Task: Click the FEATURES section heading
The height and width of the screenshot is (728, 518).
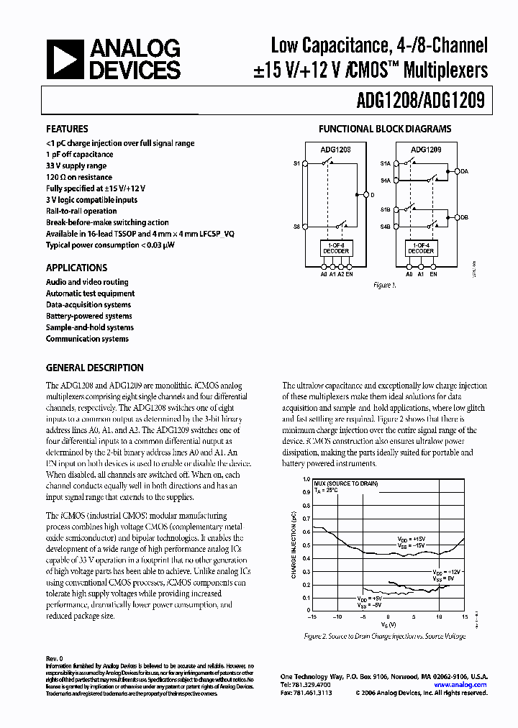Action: tap(67, 129)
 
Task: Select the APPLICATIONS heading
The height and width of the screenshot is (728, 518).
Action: tap(76, 267)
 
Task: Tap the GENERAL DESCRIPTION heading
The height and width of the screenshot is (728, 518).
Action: tap(94, 367)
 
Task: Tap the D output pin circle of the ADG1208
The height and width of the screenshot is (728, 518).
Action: tap(363, 195)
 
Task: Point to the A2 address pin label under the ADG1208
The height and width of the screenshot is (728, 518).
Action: tap(340, 275)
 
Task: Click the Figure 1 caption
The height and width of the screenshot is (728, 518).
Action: tap(384, 286)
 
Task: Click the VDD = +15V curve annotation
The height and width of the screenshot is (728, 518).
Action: tap(412, 539)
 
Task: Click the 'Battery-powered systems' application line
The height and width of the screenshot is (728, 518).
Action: tap(89, 316)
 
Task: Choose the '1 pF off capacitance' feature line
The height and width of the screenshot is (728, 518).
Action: tap(79, 154)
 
